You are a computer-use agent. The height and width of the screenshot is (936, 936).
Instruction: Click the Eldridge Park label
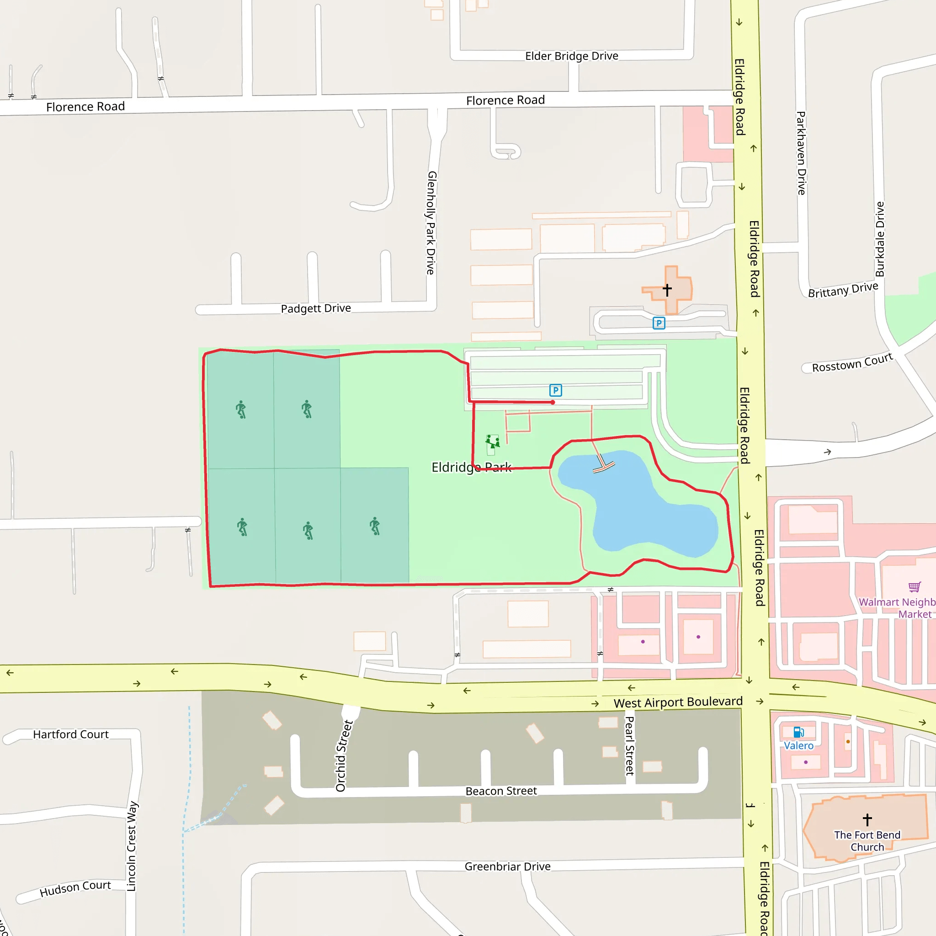[x=471, y=467]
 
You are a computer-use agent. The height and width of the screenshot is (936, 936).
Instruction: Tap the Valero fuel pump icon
[x=798, y=732]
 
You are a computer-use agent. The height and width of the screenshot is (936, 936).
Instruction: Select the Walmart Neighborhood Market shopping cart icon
[x=914, y=587]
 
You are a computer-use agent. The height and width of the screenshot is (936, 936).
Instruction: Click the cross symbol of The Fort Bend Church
[x=867, y=819]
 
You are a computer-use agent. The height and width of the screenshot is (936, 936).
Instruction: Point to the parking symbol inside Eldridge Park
[x=555, y=390]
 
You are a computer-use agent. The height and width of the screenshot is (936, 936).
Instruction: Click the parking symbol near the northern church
[x=659, y=323]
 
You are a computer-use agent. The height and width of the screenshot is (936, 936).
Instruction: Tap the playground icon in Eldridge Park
[x=492, y=442]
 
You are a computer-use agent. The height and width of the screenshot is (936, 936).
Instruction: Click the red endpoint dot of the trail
[x=553, y=402]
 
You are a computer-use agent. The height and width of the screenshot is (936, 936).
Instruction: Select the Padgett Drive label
[x=315, y=308]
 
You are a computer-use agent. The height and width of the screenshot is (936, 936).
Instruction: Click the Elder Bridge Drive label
[x=571, y=56]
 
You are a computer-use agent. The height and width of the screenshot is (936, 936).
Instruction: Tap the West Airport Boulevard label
[x=678, y=702]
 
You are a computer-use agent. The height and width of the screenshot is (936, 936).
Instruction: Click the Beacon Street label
[x=501, y=791]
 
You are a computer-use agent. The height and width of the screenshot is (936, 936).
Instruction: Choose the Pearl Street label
[x=629, y=745]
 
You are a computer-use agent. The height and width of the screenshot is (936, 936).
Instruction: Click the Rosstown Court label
[x=852, y=363]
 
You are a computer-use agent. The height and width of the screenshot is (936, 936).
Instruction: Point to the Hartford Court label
[x=71, y=734]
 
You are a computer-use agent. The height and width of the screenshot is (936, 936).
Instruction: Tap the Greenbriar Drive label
[x=507, y=866]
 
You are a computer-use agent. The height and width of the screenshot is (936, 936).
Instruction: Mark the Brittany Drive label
[x=842, y=290]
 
